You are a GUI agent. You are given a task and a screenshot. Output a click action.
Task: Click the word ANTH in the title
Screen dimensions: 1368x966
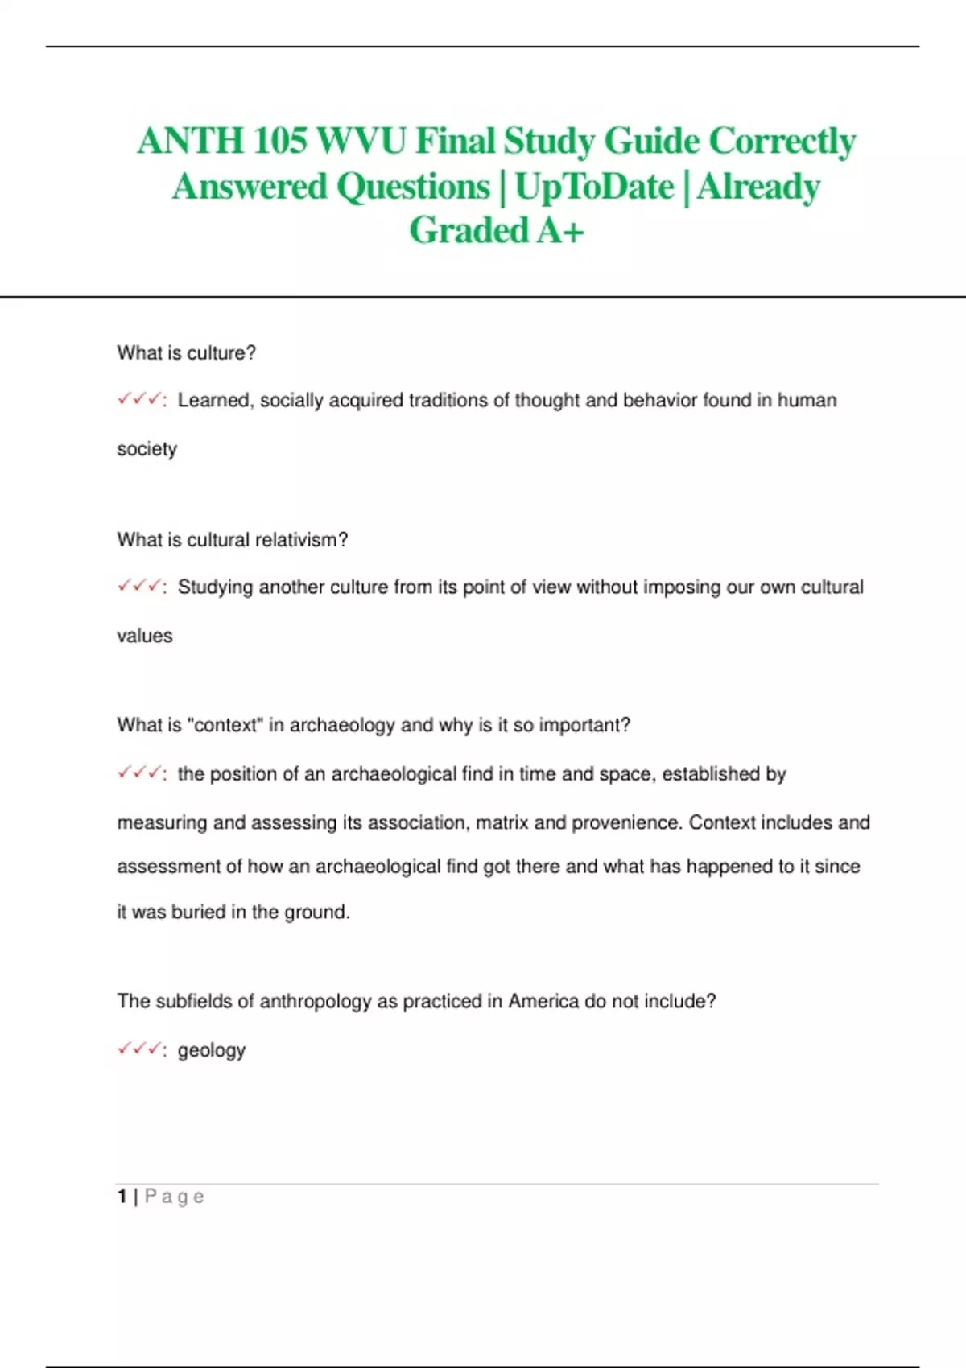pyautogui.click(x=191, y=142)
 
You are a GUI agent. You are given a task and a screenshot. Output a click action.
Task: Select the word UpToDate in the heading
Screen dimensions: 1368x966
pyautogui.click(x=594, y=187)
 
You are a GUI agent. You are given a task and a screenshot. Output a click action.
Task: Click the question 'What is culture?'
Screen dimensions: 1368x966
pyautogui.click(x=186, y=353)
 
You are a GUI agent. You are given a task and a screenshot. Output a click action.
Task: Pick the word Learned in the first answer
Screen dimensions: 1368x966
pyautogui.click(x=213, y=400)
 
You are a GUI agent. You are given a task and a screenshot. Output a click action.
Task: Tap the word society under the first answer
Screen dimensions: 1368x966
pyautogui.click(x=147, y=449)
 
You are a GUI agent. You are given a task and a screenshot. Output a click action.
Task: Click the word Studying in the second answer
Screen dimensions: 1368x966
pyautogui.click(x=215, y=587)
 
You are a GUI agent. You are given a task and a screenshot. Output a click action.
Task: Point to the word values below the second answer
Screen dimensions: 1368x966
pyautogui.click(x=145, y=636)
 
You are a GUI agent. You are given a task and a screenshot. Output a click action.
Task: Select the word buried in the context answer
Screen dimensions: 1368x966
pyautogui.click(x=198, y=912)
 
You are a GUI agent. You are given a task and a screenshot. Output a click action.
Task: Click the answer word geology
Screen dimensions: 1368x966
pyautogui.click(x=211, y=1051)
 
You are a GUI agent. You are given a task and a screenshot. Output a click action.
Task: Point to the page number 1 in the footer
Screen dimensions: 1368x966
pyautogui.click(x=122, y=1197)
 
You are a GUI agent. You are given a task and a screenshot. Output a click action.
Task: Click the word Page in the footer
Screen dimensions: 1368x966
pyautogui.click(x=174, y=1197)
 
